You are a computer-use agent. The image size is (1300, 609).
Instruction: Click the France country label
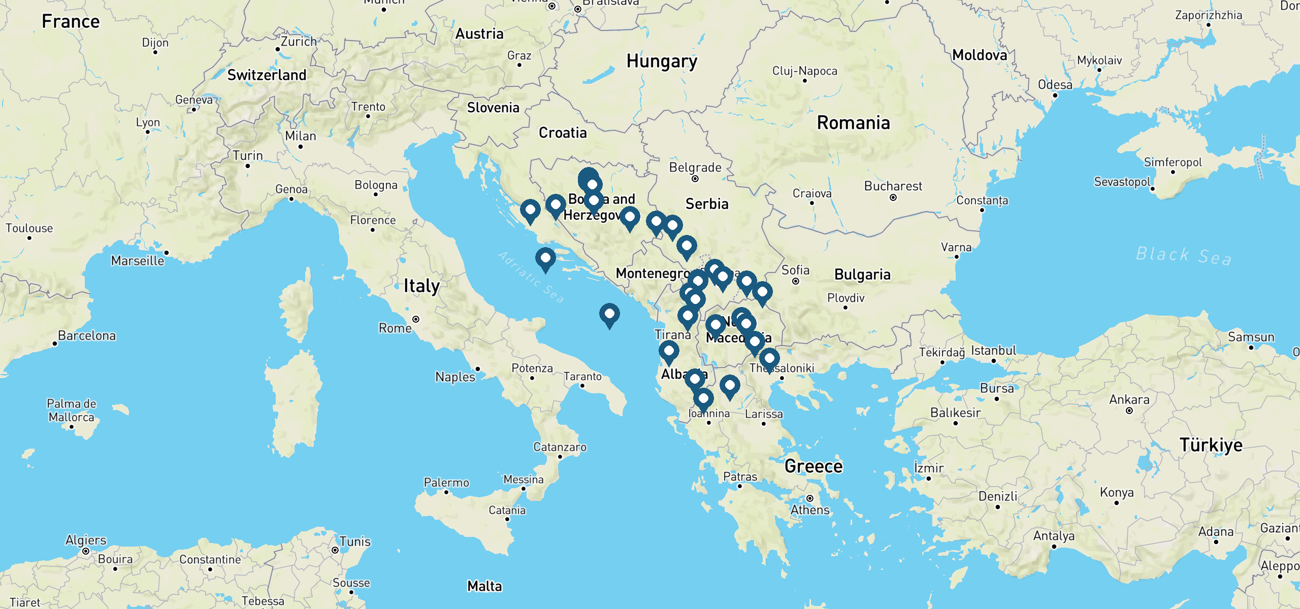pyautogui.click(x=71, y=22)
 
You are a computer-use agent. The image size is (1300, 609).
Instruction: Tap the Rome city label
pyautogui.click(x=395, y=328)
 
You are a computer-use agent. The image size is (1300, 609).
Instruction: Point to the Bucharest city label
pyautogui.click(x=893, y=186)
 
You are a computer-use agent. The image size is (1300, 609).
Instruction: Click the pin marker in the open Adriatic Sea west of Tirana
pyautogui.click(x=609, y=315)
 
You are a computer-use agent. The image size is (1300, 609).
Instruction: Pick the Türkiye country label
pyautogui.click(x=1211, y=445)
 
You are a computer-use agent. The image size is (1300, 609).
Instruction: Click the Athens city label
pyautogui.click(x=810, y=510)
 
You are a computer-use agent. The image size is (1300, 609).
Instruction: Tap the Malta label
pyautogui.click(x=484, y=586)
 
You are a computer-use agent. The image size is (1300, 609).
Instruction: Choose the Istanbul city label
pyautogui.click(x=993, y=351)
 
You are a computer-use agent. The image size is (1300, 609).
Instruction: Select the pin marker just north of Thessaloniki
pyautogui.click(x=769, y=359)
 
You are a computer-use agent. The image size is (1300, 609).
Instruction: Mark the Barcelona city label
pyautogui.click(x=87, y=335)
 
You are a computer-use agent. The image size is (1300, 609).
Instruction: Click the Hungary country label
pyautogui.click(x=661, y=61)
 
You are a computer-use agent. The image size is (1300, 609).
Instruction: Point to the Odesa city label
pyautogui.click(x=1055, y=85)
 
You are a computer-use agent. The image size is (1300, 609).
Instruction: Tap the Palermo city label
pyautogui.click(x=446, y=483)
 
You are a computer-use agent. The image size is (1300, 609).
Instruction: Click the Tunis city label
pyautogui.click(x=355, y=542)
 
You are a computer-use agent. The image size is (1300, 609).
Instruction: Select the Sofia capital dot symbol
pyautogui.click(x=796, y=281)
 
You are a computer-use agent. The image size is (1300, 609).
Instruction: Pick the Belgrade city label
pyautogui.click(x=695, y=167)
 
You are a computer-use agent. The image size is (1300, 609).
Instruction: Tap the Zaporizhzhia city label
pyautogui.click(x=1208, y=15)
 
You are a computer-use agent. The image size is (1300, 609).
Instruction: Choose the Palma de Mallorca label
pyautogui.click(x=71, y=410)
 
